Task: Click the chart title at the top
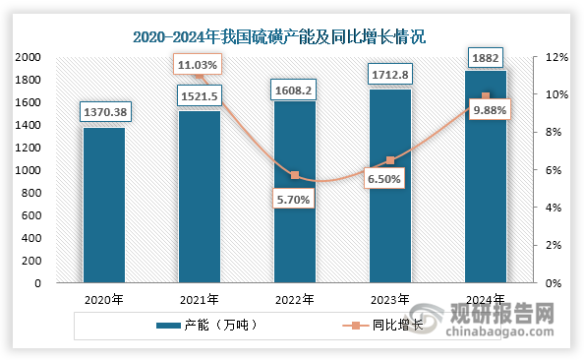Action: tap(293, 38)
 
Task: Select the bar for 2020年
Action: tap(103, 207)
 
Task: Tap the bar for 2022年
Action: tap(294, 197)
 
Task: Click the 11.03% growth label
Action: tap(199, 65)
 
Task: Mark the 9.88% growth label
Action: tap(489, 110)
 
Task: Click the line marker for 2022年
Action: tap(294, 175)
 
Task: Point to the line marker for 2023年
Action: tap(389, 160)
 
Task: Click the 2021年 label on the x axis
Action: tap(199, 300)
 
